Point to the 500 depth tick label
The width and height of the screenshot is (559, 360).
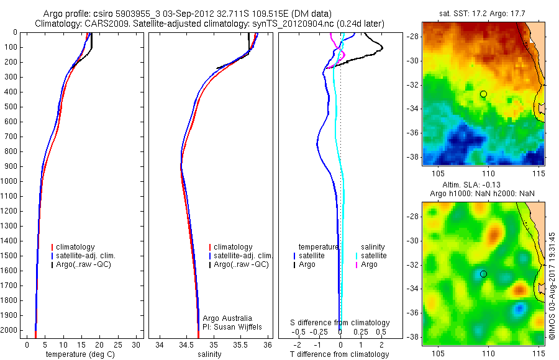coord(9,107)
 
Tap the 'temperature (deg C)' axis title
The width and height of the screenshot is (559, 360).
coord(78,354)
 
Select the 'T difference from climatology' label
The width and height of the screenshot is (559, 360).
coord(339,354)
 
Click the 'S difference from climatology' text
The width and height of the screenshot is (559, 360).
coord(340,323)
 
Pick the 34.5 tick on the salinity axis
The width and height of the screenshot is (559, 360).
coord(186,344)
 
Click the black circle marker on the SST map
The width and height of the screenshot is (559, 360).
coord(483,94)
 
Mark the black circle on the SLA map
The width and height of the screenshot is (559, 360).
coord(483,274)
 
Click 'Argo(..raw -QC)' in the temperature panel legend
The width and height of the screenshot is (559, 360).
coord(86,264)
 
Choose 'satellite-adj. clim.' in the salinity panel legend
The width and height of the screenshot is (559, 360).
coord(243,256)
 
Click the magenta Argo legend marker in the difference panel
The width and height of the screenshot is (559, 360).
coord(356,264)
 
